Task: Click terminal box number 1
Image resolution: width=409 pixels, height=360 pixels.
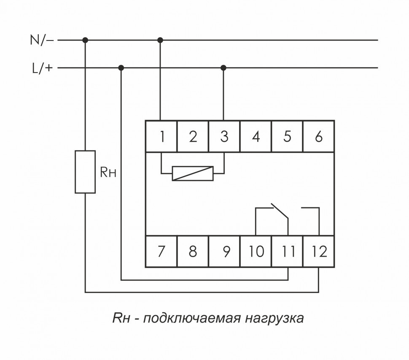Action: [161, 137]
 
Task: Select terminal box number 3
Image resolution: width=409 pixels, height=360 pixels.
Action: [224, 137]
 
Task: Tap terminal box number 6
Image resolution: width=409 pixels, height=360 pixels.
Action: [319, 137]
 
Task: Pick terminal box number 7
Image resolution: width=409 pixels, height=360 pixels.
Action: [161, 252]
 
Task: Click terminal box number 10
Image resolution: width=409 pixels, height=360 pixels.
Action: [256, 252]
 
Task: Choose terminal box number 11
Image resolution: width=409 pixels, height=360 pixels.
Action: [288, 252]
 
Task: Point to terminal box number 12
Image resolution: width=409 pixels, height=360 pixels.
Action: [319, 252]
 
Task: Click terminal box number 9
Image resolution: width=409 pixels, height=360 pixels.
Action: [224, 252]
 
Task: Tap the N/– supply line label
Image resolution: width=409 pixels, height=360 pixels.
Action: [41, 41]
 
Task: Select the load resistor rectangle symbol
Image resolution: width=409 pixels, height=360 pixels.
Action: [85, 171]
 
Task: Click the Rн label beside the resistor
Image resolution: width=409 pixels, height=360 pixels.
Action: [108, 173]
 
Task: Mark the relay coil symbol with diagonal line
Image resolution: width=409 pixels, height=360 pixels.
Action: [193, 173]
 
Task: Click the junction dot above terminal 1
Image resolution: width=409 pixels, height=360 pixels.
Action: [160, 40]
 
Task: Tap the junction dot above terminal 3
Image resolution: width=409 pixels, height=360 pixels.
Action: [223, 68]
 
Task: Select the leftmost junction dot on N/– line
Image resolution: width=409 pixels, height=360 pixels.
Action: [85, 40]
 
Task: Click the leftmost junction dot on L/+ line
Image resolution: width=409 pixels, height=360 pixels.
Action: [121, 68]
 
